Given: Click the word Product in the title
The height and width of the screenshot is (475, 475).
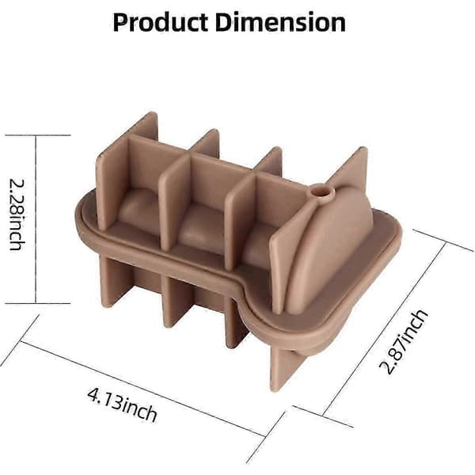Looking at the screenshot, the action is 160,22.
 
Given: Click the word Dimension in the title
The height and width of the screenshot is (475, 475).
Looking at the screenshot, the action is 280,22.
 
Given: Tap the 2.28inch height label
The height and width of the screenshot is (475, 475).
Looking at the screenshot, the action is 17,215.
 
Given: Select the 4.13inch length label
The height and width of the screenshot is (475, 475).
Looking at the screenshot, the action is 122,405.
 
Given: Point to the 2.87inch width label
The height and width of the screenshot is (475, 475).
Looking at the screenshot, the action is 404,342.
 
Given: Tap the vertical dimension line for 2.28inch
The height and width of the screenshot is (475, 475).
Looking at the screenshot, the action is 36,219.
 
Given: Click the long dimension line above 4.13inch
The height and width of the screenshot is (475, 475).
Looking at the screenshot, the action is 143,389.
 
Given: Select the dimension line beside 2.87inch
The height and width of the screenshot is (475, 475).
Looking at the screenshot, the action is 384,329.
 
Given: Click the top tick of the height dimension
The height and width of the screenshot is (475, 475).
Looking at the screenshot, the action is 38,135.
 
